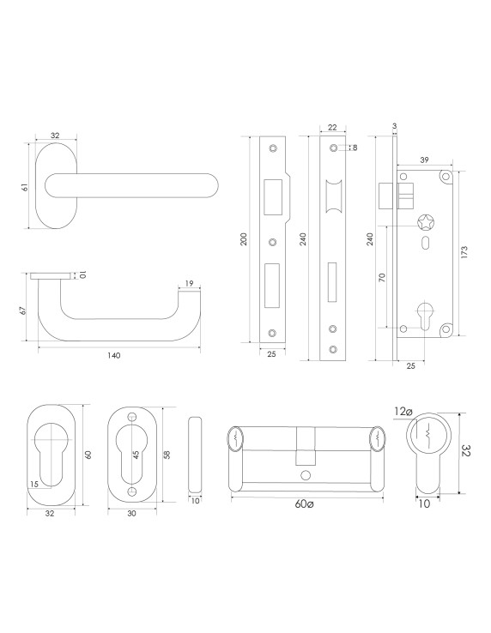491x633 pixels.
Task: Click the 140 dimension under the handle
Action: [114, 356]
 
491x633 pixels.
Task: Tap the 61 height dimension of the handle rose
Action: [25, 187]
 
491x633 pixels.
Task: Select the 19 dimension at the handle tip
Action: [189, 283]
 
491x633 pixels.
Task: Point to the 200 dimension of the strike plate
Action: [244, 239]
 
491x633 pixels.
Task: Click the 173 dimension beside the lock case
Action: [464, 252]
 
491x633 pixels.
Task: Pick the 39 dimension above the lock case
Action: [424, 160]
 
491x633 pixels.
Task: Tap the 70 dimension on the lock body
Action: [382, 277]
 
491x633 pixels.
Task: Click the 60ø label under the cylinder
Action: [304, 504]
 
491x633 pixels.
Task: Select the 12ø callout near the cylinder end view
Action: [403, 412]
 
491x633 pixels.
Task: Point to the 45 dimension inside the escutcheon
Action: [136, 455]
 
